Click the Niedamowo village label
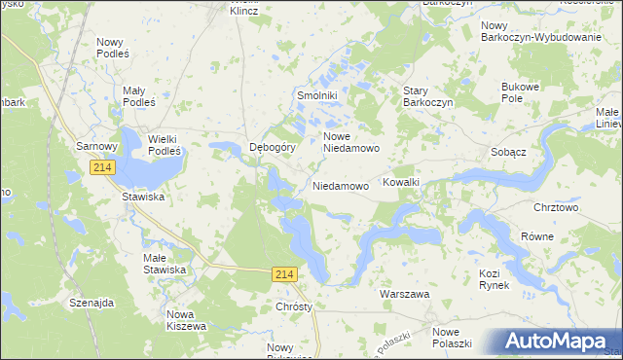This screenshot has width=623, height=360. (x=341, y=185)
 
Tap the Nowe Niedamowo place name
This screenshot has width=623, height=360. (x=349, y=142)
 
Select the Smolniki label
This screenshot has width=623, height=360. (x=316, y=96)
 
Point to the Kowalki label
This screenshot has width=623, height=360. (x=401, y=182)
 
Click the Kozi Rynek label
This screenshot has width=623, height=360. (x=495, y=280)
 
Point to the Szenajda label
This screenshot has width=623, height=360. (x=92, y=303)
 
